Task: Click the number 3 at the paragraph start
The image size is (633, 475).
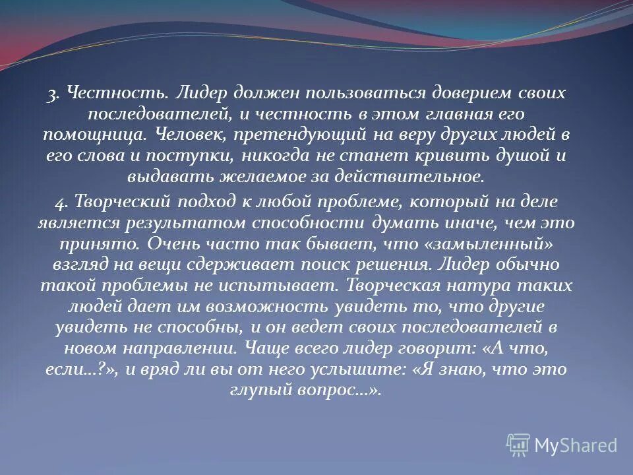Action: click(x=50, y=94)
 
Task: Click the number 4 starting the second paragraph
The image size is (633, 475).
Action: click(x=60, y=201)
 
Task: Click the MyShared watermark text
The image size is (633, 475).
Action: click(x=576, y=445)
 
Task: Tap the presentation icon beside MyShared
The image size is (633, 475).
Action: click(x=518, y=445)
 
